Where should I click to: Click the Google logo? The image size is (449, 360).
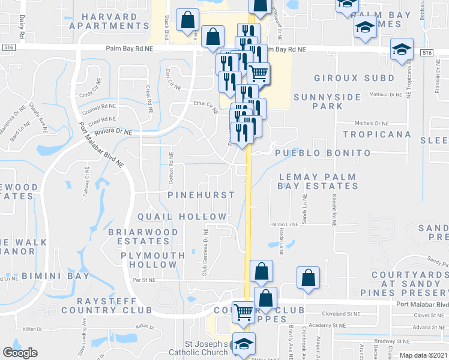(20, 353)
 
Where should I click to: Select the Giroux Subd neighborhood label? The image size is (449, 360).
(354, 78)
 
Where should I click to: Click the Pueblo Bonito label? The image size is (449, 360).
(323, 153)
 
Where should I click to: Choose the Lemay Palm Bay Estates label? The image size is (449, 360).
(317, 182)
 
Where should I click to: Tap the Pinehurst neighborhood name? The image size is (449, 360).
(201, 196)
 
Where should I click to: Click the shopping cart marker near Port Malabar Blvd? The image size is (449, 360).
(243, 311)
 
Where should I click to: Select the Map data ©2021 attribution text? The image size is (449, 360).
(423, 355)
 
